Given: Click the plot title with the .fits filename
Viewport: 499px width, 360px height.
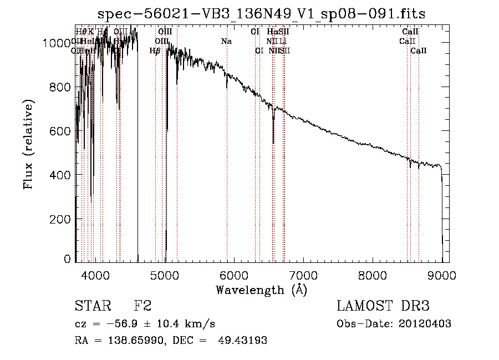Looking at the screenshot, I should point(261,14).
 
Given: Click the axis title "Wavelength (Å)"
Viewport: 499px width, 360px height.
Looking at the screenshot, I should point(261,290).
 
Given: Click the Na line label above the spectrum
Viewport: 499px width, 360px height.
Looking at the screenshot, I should point(226,41).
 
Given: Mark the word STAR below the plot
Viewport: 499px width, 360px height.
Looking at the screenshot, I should point(90,306).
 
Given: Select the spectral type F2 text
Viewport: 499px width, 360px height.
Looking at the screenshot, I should point(142,306).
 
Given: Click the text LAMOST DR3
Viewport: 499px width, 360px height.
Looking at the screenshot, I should point(383,306).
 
